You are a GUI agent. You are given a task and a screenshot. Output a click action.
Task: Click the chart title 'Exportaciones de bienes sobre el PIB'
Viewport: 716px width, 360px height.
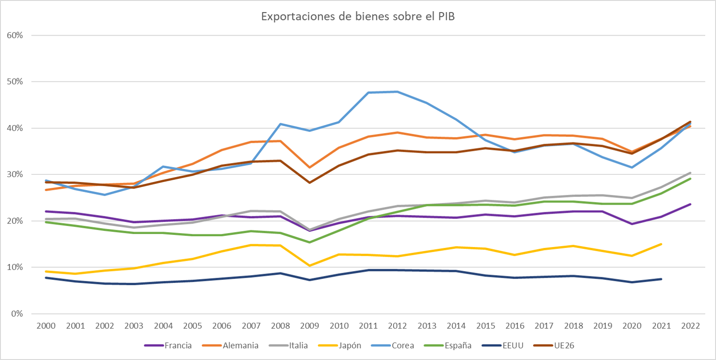[x=358, y=17]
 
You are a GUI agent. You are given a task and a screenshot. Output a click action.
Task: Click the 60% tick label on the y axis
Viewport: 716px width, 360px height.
[x=15, y=35]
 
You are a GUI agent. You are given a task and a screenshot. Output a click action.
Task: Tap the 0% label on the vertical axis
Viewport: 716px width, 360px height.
[x=17, y=313]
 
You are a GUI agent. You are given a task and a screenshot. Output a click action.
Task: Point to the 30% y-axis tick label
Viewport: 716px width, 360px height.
[x=15, y=174]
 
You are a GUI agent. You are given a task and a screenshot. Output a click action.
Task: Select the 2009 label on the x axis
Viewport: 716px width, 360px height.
[x=310, y=326]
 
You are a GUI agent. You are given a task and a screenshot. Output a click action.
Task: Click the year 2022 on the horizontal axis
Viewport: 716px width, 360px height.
[x=690, y=326]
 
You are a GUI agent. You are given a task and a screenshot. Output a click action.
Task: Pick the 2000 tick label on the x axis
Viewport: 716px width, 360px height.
[x=46, y=326]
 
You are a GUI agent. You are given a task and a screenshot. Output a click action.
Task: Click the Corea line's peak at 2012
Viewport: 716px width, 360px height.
[x=397, y=92]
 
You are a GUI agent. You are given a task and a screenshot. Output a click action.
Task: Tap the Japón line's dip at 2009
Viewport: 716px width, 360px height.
[x=310, y=266]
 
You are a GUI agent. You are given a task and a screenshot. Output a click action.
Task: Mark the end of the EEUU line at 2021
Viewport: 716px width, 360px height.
[x=661, y=279]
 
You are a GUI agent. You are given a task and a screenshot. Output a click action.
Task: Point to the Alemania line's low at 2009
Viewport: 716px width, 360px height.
[x=310, y=168]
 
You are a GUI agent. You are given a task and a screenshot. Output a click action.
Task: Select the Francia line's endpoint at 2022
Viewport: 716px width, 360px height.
[x=690, y=204]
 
